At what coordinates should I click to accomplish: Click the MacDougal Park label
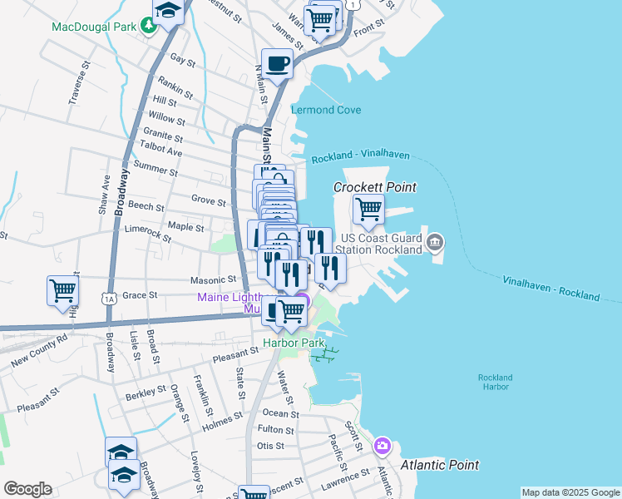pyautogui.click(x=93, y=27)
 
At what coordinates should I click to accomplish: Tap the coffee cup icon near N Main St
pyautogui.click(x=277, y=62)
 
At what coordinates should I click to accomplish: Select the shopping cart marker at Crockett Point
pyautogui.click(x=368, y=209)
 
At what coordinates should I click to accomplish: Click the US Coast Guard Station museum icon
pyautogui.click(x=435, y=243)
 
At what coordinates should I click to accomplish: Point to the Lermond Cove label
pyautogui.click(x=326, y=110)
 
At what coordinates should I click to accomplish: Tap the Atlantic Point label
pyautogui.click(x=439, y=465)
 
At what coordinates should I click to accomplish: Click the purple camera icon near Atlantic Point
pyautogui.click(x=382, y=446)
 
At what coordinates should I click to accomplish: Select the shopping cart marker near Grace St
pyautogui.click(x=63, y=290)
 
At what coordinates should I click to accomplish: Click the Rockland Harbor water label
pyautogui.click(x=495, y=383)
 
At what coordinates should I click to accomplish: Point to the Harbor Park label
pyautogui.click(x=294, y=343)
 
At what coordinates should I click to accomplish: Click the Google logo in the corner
pyautogui.click(x=27, y=489)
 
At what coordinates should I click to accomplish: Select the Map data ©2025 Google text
pyautogui.click(x=570, y=492)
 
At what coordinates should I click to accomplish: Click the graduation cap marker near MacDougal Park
pyautogui.click(x=168, y=12)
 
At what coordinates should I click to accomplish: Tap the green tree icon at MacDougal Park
pyautogui.click(x=148, y=27)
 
